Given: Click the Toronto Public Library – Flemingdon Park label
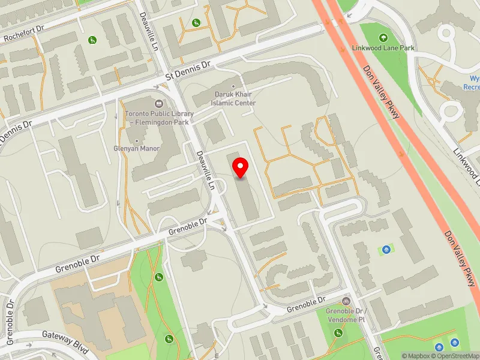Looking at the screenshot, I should point(159,118).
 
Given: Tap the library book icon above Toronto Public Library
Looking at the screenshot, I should point(159,104).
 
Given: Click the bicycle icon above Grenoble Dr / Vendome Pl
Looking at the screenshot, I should point(346,301).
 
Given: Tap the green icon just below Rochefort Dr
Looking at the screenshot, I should point(92,40).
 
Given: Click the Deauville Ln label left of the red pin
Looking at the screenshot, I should point(206,170).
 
